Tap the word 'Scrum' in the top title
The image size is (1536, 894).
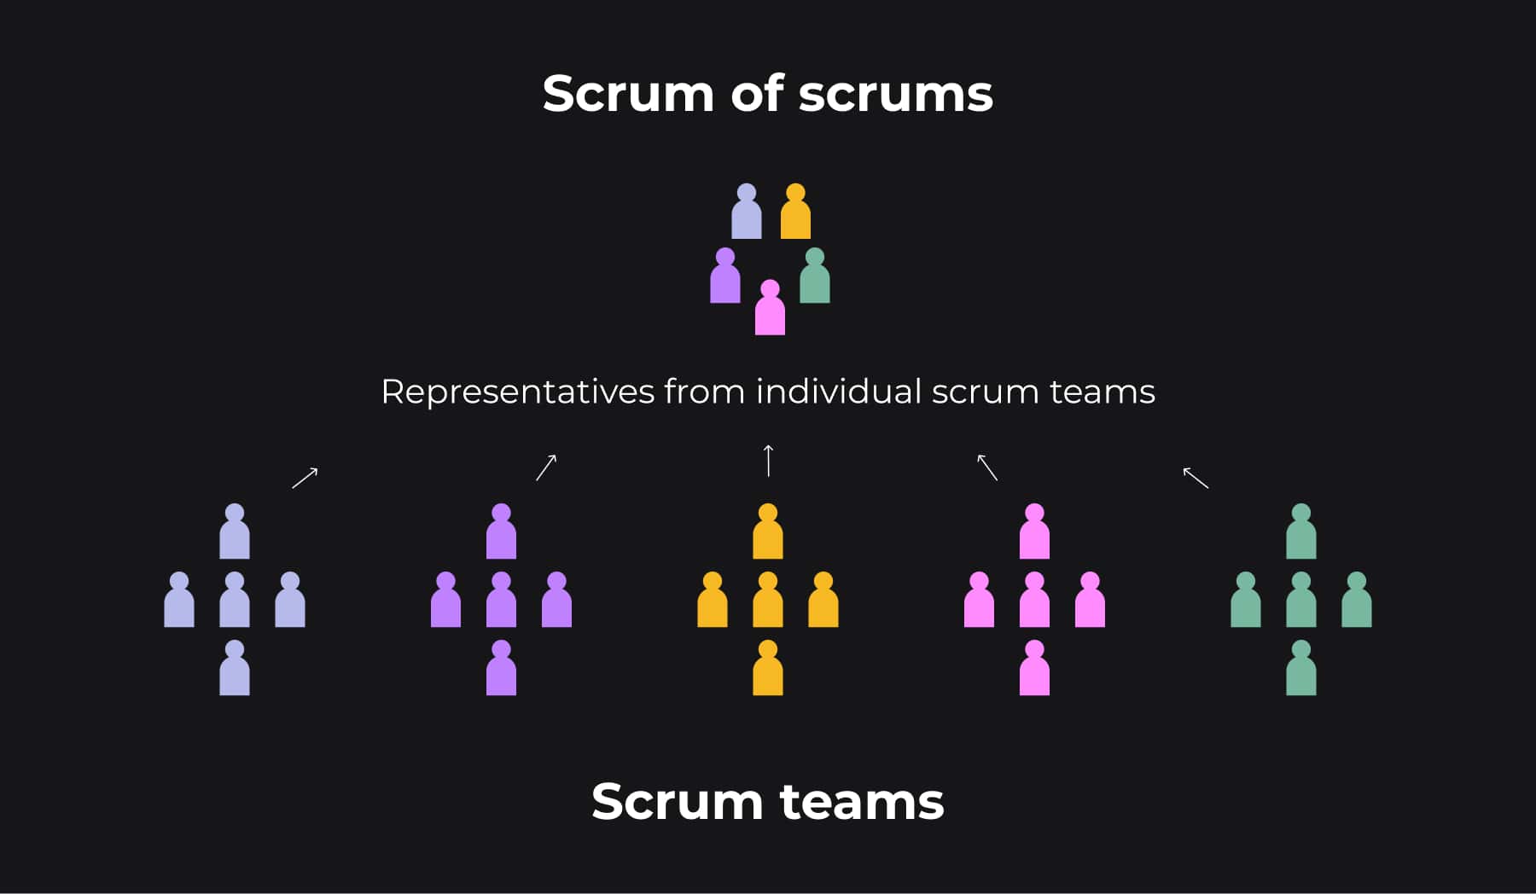pyautogui.click(x=628, y=94)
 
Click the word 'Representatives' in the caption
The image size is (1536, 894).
pyautogui.click(x=517, y=392)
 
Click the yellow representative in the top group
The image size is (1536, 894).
pyautogui.click(x=795, y=212)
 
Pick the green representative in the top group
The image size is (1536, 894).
pyautogui.click(x=815, y=277)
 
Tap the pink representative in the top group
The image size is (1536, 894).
pyautogui.click(x=770, y=309)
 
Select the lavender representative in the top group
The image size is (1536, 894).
pyautogui.click(x=747, y=212)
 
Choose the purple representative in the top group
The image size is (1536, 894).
pyautogui.click(x=725, y=277)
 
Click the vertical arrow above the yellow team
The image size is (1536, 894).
pyautogui.click(x=768, y=461)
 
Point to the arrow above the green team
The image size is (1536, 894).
pyautogui.click(x=1196, y=478)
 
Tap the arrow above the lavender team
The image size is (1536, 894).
pyautogui.click(x=305, y=478)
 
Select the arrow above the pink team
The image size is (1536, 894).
pyautogui.click(x=987, y=467)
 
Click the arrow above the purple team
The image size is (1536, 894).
pyautogui.click(x=546, y=467)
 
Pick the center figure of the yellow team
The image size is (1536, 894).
pyautogui.click(x=768, y=601)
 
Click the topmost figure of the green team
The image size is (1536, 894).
pyautogui.click(x=1300, y=533)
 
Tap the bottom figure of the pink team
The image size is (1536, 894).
pyautogui.click(x=1034, y=670)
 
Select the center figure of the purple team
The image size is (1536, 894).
pyautogui.click(x=501, y=601)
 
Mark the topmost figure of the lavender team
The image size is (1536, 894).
pyautogui.click(x=235, y=533)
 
